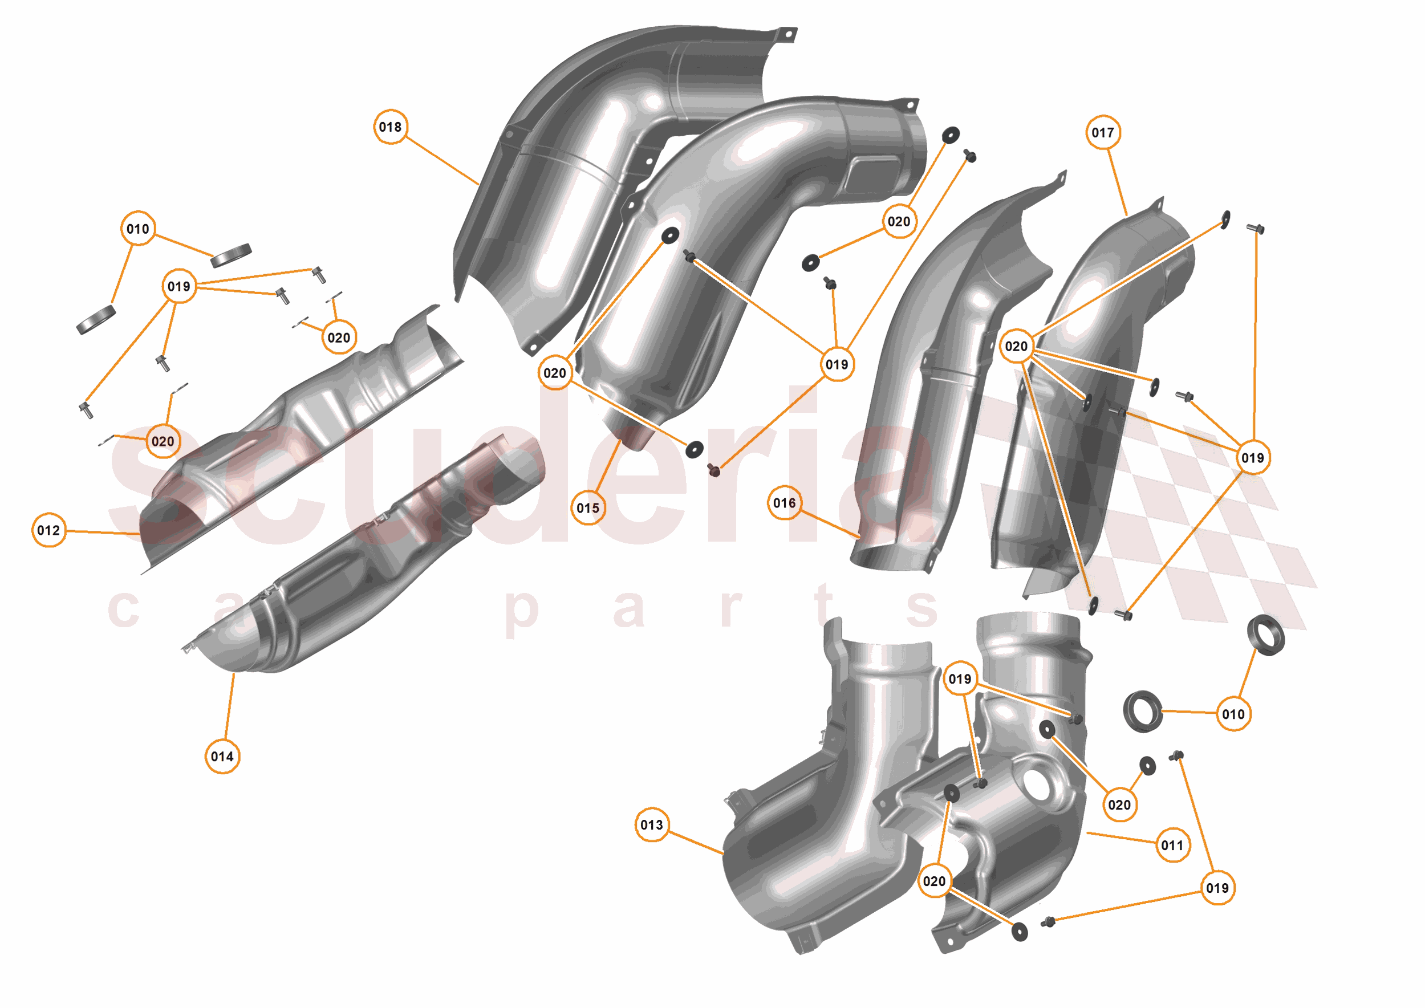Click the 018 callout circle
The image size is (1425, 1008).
[391, 127]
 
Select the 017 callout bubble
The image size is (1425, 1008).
[1103, 132]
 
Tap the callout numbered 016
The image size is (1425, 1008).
[785, 503]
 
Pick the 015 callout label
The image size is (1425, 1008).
[588, 509]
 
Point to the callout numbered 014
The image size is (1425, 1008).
[222, 757]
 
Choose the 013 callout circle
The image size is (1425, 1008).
[652, 825]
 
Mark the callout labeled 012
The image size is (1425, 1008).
[48, 531]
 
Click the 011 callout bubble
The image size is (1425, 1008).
[1172, 846]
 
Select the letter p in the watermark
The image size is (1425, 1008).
[520, 611]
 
